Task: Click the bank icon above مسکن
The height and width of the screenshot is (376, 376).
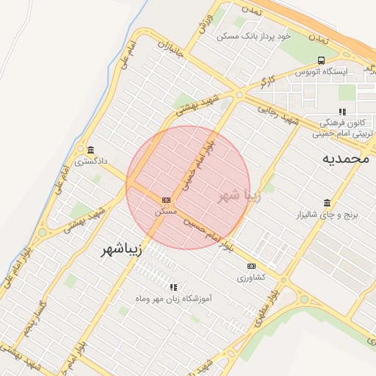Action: pos(166,200)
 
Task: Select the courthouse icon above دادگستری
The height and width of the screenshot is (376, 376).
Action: pos(90,150)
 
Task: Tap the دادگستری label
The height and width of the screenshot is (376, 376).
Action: pos(90,160)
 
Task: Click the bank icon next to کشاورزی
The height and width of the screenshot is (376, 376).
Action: pos(252,266)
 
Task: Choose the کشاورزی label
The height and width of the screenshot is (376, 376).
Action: pos(252,278)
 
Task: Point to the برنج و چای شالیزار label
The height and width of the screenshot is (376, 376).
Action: pos(325,214)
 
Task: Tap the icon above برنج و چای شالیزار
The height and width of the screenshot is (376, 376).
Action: pos(326,203)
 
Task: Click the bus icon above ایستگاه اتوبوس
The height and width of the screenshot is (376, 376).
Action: pos(321,61)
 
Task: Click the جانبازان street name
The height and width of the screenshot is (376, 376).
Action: pos(170,50)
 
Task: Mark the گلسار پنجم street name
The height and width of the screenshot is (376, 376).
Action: pos(32,317)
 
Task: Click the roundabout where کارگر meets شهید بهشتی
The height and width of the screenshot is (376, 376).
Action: pos(239,95)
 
